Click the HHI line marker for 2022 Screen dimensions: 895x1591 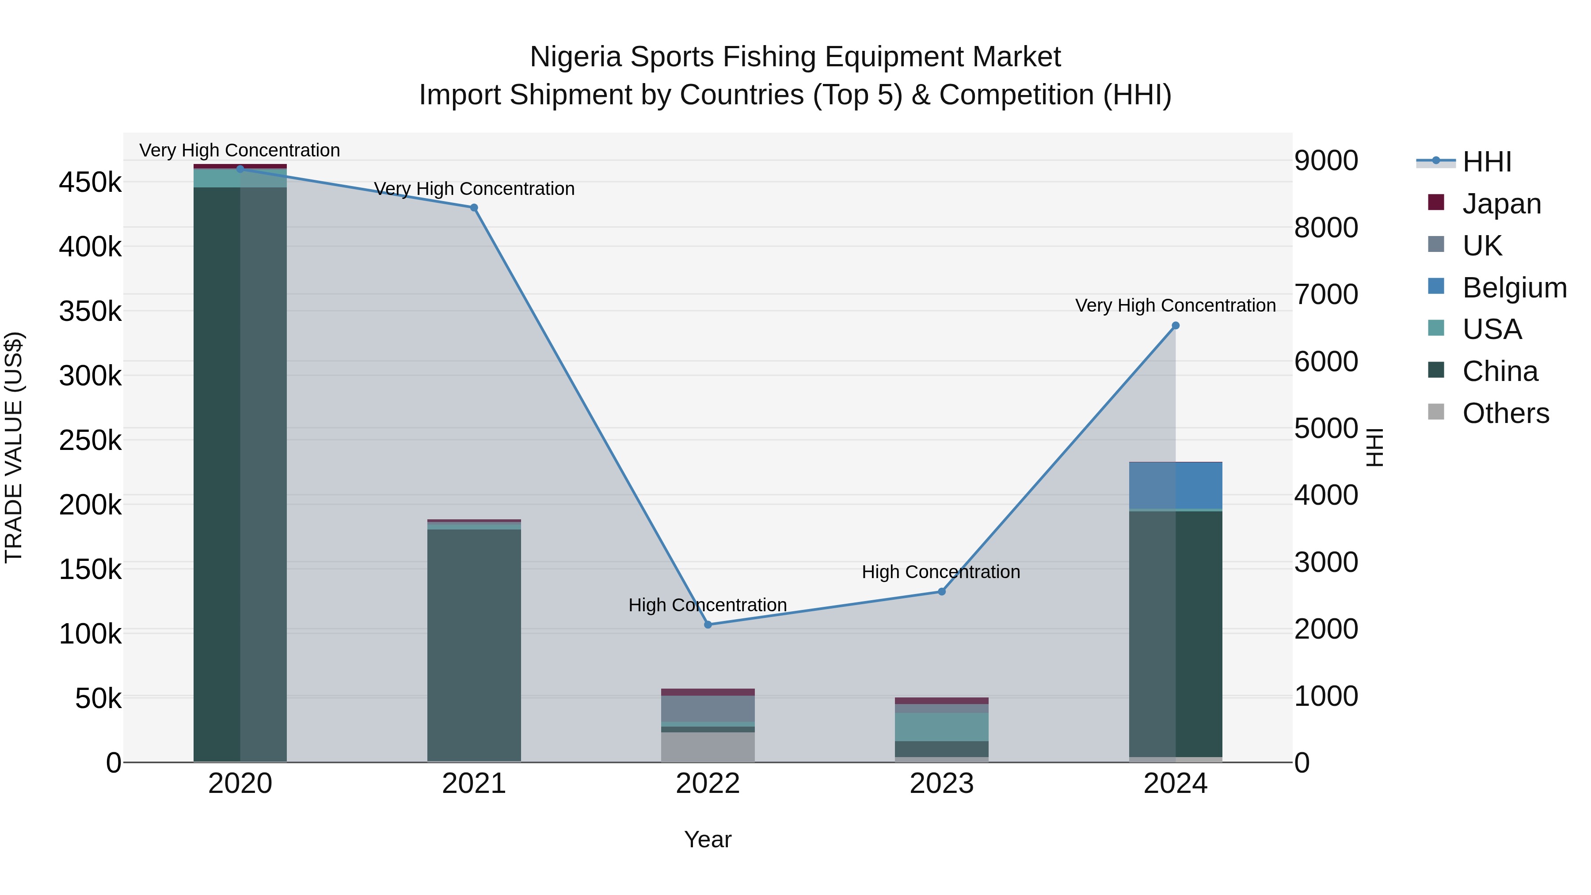(708, 625)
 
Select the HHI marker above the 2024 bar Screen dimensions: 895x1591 (1175, 325)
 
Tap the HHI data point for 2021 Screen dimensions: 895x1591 (474, 208)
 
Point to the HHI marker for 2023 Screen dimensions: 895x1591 (941, 592)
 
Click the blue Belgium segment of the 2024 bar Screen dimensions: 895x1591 (1175, 485)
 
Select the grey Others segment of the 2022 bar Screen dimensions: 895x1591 (708, 747)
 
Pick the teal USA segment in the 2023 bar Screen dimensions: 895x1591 (941, 727)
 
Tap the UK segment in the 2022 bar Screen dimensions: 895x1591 (708, 708)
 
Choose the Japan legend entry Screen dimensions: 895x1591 (1501, 204)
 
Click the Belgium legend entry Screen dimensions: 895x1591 (1513, 288)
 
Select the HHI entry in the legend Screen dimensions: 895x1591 (1486, 162)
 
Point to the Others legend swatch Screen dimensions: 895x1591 (1436, 412)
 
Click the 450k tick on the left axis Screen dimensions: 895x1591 (90, 183)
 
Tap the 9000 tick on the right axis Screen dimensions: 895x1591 (1326, 160)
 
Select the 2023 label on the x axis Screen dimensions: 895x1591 (941, 784)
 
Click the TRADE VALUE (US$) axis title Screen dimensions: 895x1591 (14, 447)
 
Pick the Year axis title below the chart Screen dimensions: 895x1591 (708, 839)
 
